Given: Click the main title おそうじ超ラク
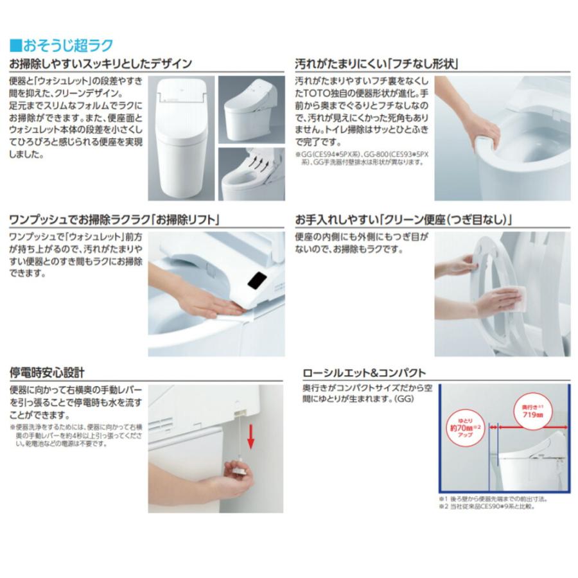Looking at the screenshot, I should [67, 45].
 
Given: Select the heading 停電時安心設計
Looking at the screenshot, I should [47, 372].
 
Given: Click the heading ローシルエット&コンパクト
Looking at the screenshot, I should [364, 372].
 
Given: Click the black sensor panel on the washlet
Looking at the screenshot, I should [258, 281].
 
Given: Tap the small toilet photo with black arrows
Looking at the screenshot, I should [251, 173].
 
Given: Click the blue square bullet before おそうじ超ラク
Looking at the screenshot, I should [15, 46].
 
